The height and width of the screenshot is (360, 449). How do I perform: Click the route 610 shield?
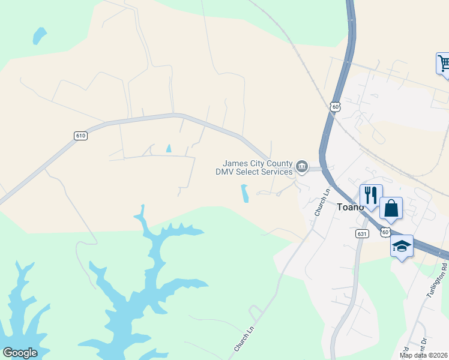[x=81, y=136]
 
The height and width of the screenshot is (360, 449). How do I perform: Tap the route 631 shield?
[x=361, y=233]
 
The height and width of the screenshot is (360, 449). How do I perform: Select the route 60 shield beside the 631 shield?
[x=385, y=232]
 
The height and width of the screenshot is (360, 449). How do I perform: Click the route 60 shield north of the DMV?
[x=335, y=106]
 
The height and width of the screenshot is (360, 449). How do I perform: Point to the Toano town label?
[x=350, y=207]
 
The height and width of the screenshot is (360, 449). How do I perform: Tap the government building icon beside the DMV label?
[x=302, y=166]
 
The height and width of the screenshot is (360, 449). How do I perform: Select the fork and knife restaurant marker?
[x=371, y=196]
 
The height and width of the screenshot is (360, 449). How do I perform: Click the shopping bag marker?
[x=391, y=209]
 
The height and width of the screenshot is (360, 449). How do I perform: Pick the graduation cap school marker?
[x=402, y=246]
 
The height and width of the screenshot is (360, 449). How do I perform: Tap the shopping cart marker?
[x=444, y=62]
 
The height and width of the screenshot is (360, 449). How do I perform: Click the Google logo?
[x=20, y=353]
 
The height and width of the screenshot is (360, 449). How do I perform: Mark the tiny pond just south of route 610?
[x=168, y=148]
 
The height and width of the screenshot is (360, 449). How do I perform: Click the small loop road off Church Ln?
[x=255, y=313]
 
